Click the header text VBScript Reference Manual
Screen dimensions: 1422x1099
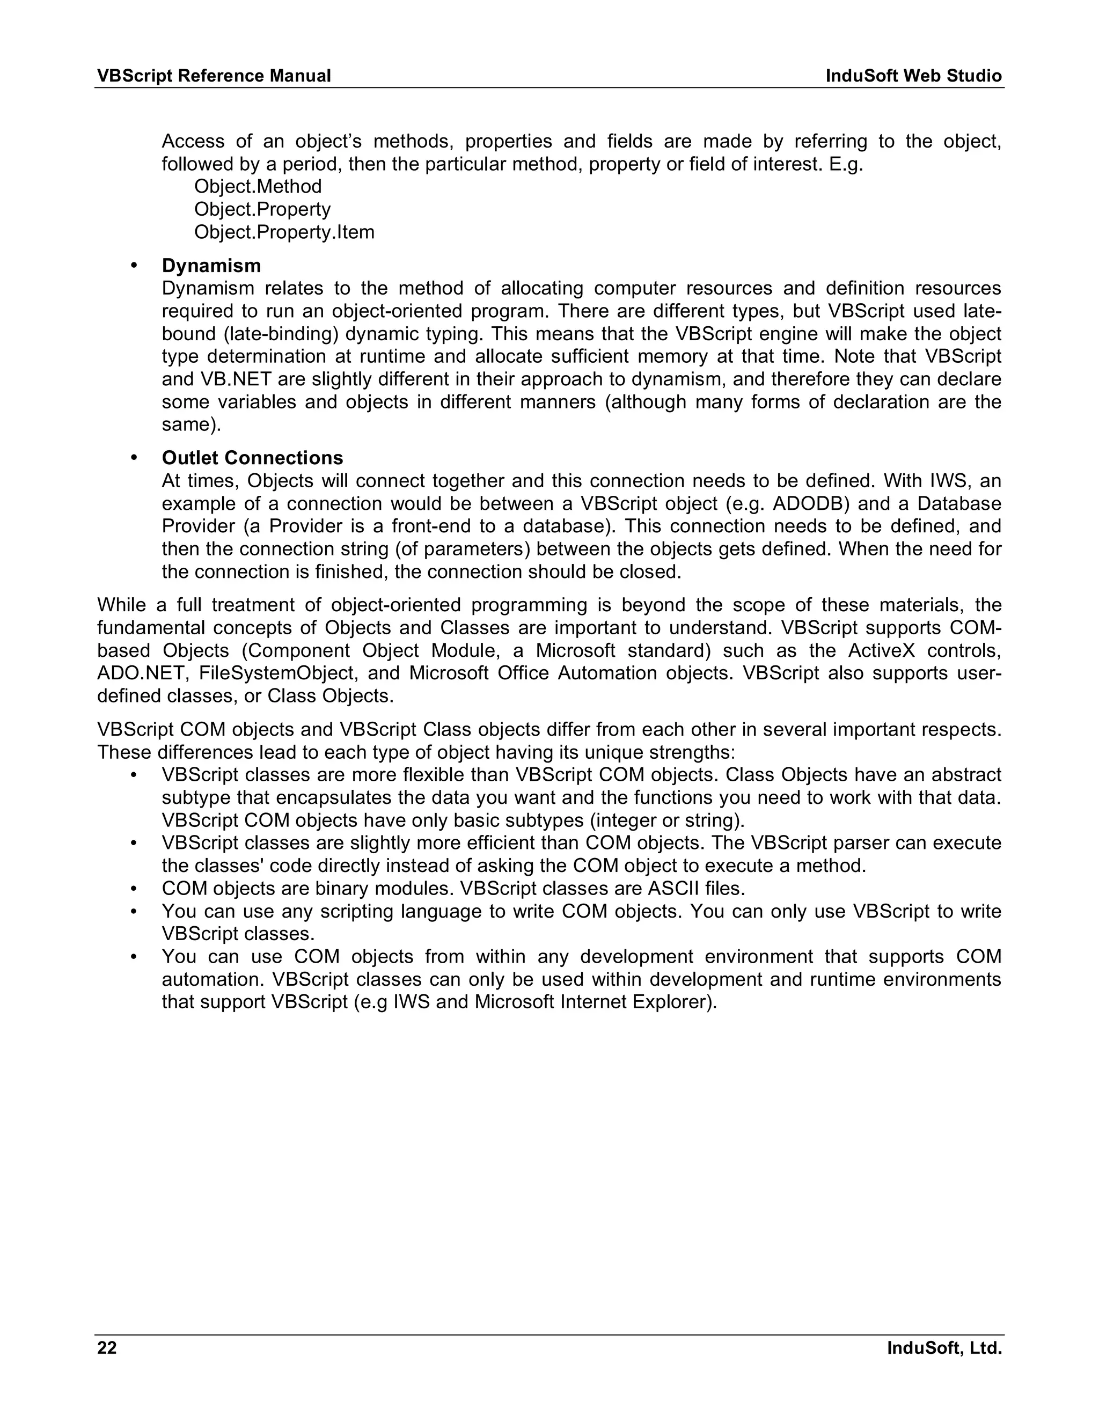[x=214, y=76]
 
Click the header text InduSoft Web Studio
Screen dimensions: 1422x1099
[x=913, y=76]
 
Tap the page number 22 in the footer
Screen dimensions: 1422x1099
[x=107, y=1348]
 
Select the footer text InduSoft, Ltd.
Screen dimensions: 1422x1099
[x=944, y=1348]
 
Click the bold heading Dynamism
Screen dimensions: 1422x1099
[x=211, y=266]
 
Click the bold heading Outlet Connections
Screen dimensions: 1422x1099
[x=252, y=458]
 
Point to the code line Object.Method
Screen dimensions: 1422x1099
[x=258, y=187]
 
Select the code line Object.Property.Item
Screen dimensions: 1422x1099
[x=284, y=232]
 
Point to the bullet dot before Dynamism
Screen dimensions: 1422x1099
[x=134, y=266]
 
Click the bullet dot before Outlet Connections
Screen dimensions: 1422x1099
[x=134, y=458]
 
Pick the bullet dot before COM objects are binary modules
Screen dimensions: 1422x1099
[x=134, y=888]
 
